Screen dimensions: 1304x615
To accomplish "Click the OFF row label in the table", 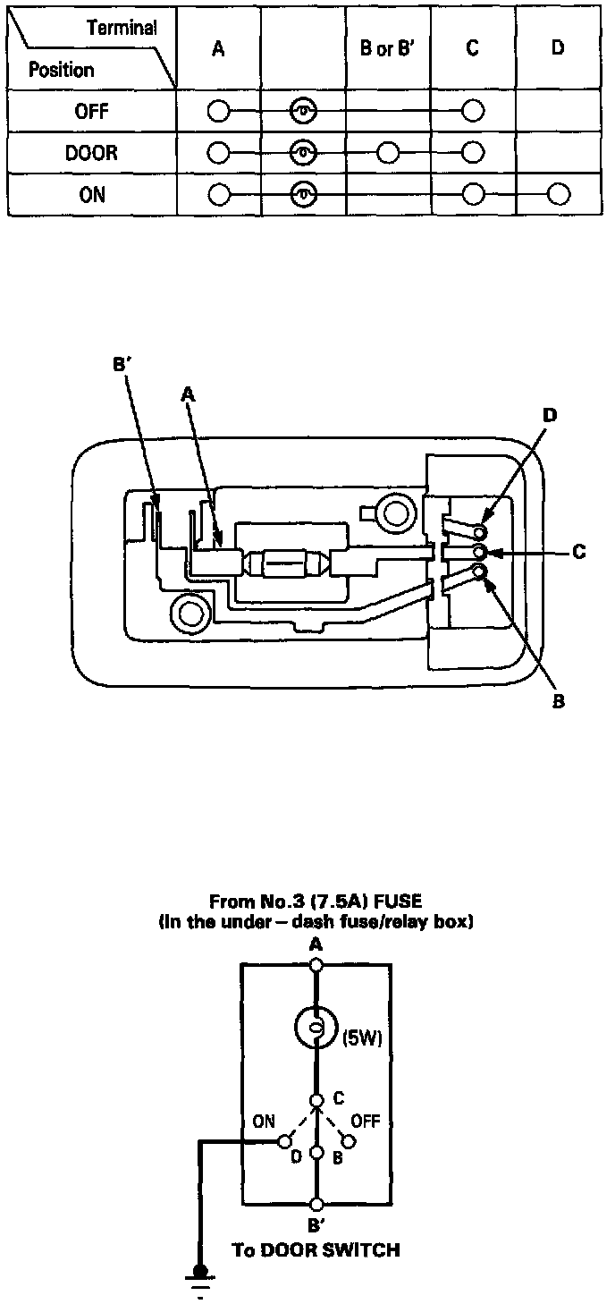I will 92,112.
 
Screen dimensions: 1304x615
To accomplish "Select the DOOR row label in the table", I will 91,153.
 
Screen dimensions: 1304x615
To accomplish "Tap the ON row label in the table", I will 92,194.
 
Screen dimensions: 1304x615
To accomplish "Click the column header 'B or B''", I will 388,48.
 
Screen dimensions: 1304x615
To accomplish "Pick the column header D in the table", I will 558,48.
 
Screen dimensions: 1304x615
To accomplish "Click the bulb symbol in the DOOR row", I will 304,153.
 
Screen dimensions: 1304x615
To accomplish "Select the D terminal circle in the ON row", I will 559,194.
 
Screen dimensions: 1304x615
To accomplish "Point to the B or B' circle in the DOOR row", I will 387,153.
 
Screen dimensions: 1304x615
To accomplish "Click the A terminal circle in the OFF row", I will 218,112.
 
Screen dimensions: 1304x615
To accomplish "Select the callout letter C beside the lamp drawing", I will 578,553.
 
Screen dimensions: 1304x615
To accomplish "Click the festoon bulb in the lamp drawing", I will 287,564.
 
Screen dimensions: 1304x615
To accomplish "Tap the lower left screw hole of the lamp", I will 190,614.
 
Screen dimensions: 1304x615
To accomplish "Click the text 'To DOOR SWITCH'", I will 316,1249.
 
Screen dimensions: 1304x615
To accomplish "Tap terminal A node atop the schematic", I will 316,965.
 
